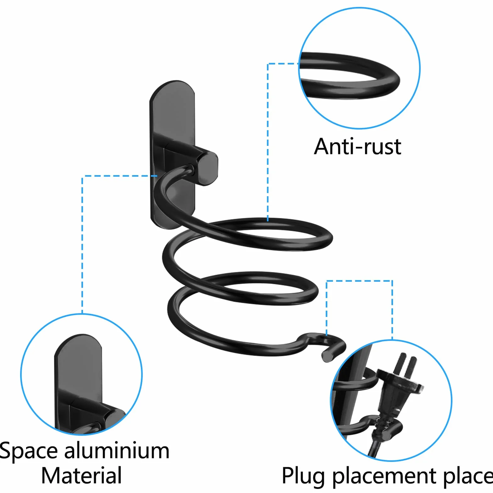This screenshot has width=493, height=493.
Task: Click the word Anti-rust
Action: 357,147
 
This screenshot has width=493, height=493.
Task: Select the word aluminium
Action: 117,450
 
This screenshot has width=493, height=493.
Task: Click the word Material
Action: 81,475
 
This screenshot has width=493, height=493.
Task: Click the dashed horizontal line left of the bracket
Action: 120,176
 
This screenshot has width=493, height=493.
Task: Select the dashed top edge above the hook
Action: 359,281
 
